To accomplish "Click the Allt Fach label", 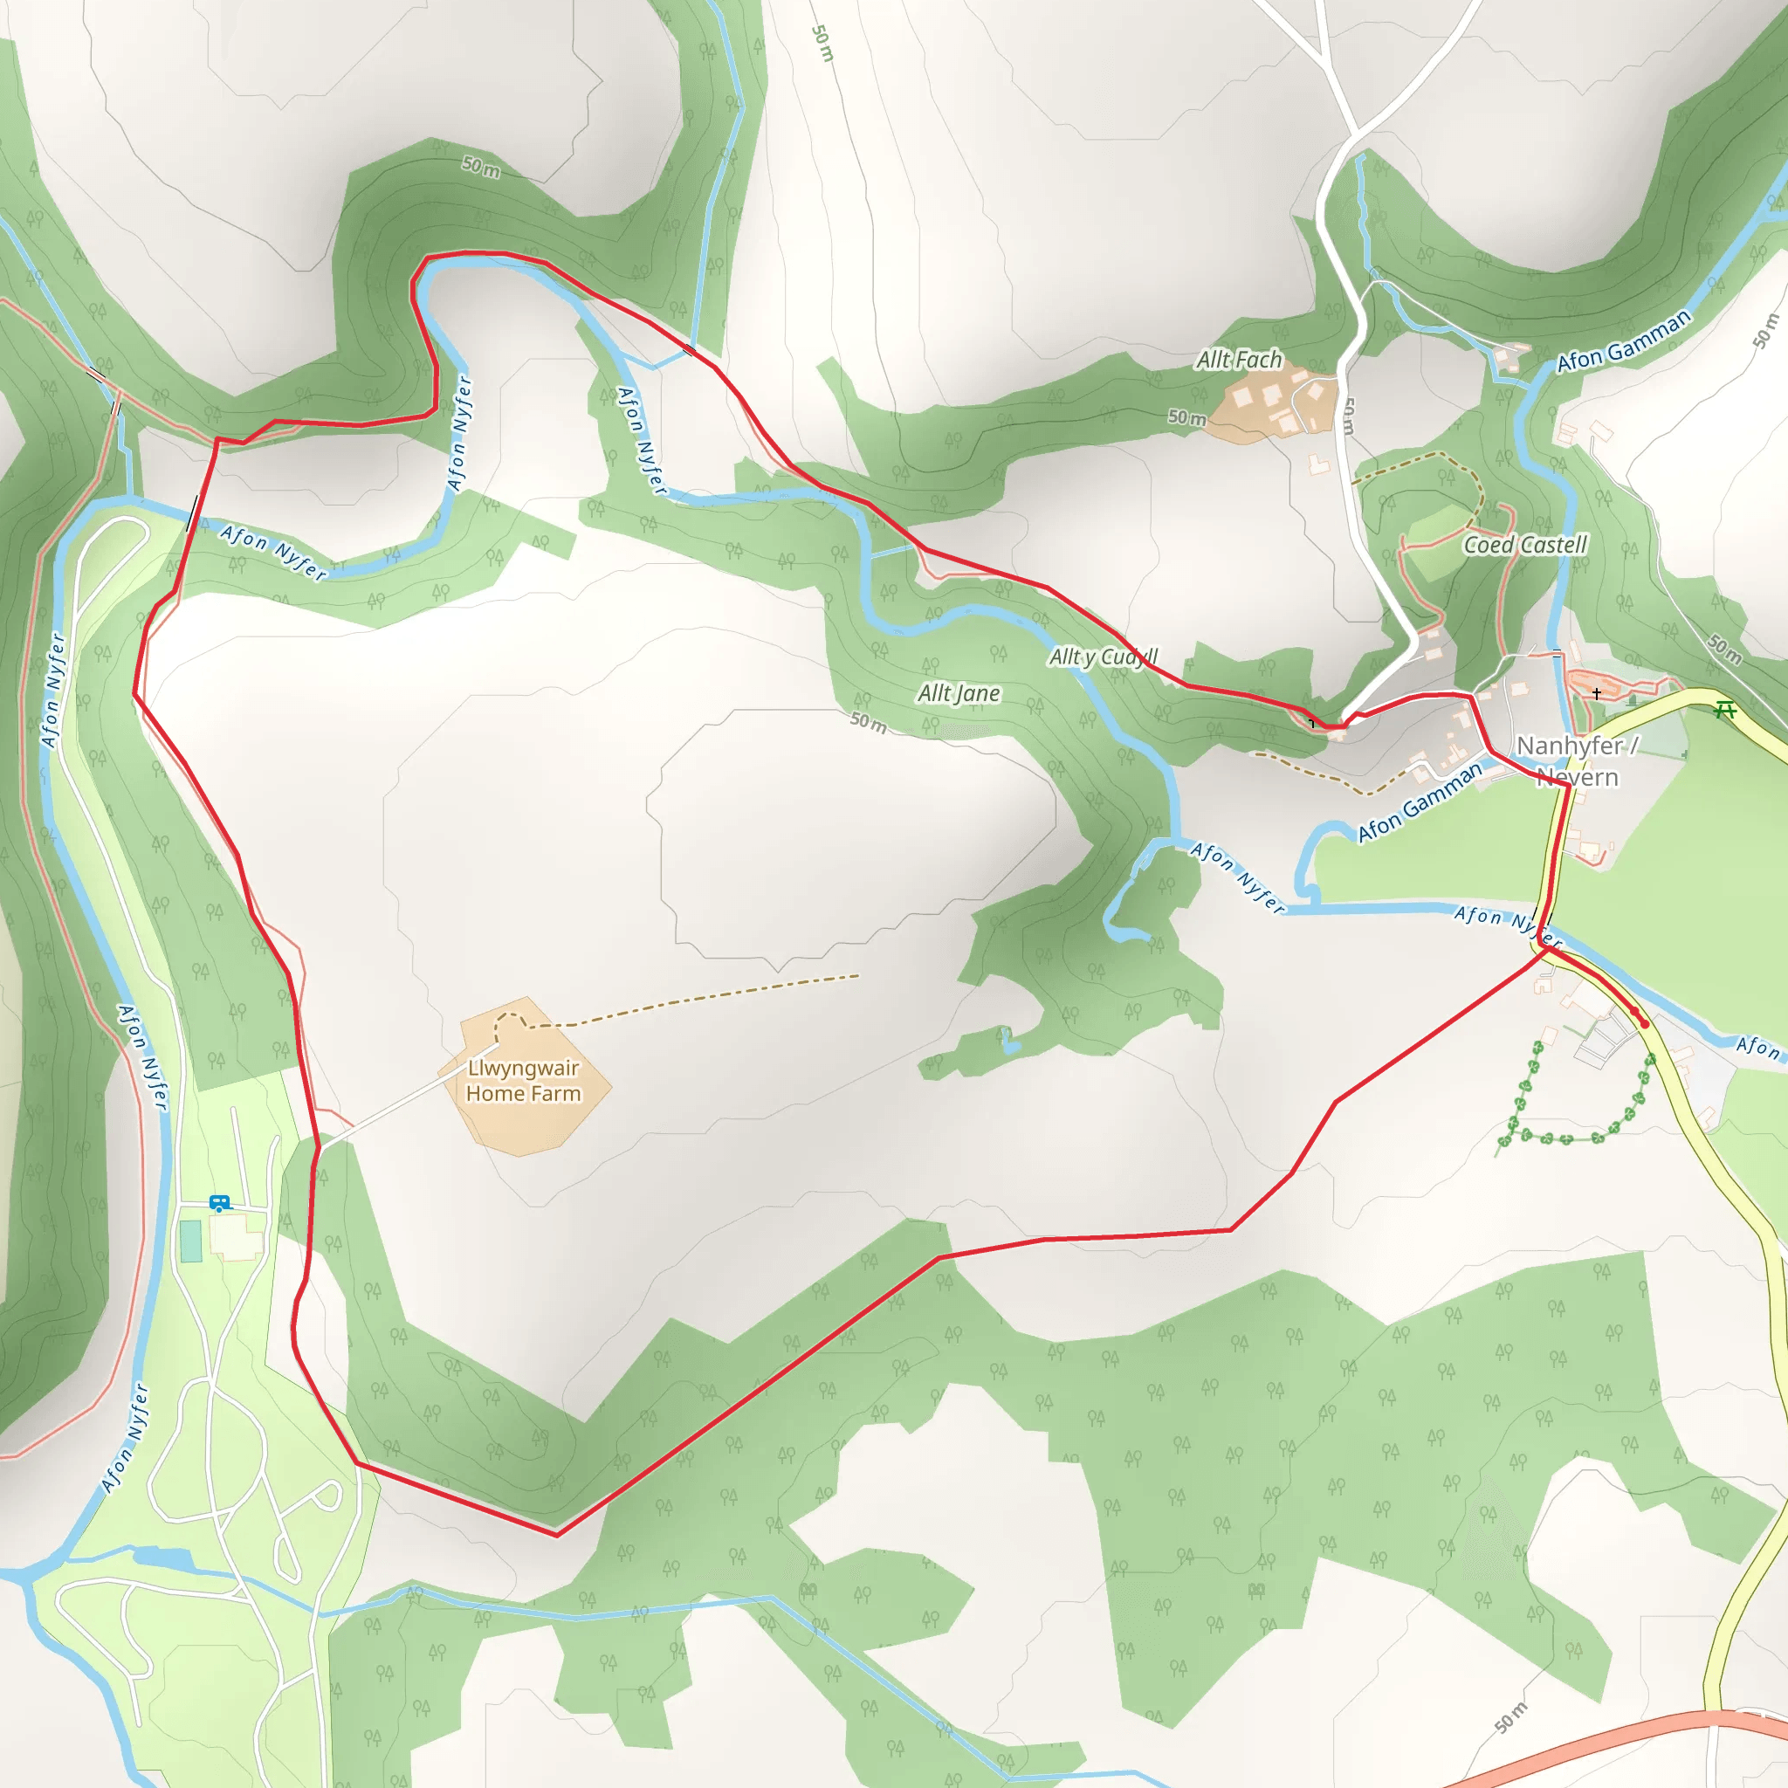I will pos(1238,359).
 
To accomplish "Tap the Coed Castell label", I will pos(1524,545).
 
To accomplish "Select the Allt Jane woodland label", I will pos(958,693).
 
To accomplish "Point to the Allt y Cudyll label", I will pos(1103,657).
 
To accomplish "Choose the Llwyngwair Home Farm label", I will pos(523,1080).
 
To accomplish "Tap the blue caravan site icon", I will pos(219,1203).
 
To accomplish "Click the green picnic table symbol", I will pos(1724,710).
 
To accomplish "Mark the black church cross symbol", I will pos(1597,693).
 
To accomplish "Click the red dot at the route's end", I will pos(1645,1023).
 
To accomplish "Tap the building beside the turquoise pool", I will pos(237,1236).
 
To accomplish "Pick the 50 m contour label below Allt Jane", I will pos(868,722).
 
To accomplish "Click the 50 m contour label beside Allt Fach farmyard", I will pos(1186,417).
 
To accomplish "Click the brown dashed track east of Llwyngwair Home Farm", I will pos(704,1001).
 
